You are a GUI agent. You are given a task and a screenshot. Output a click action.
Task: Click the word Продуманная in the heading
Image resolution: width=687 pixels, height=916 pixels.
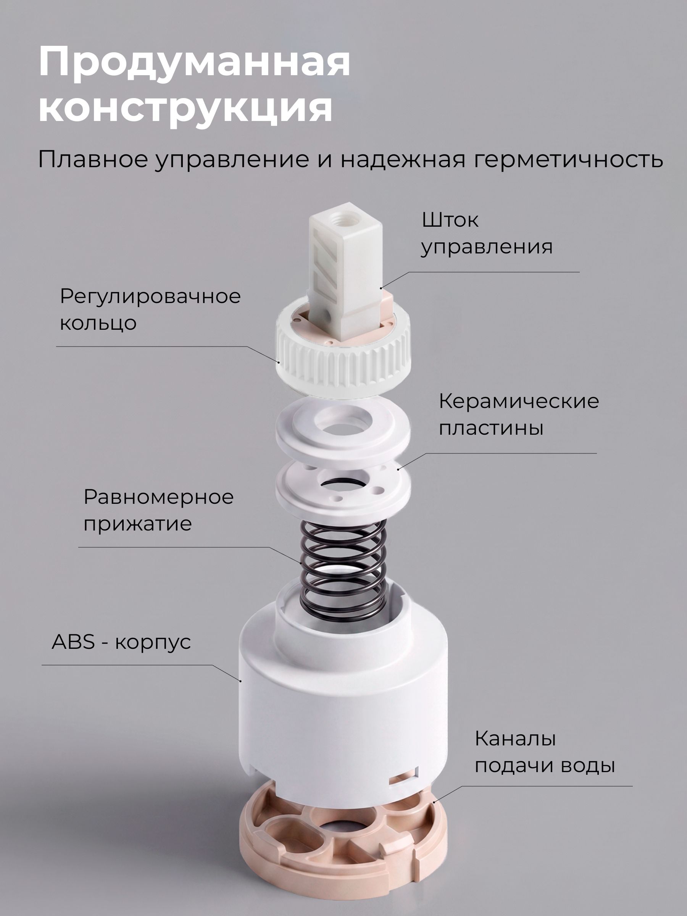coord(194,63)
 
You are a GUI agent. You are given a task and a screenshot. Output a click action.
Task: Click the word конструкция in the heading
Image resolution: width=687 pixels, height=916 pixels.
coord(185,107)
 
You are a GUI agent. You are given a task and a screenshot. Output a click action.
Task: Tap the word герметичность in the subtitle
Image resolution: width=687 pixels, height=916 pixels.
coord(569,160)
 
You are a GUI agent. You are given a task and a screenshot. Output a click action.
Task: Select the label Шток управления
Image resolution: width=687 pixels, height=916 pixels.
coord(487,234)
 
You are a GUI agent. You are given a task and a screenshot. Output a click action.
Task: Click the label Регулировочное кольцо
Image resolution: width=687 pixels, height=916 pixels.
coord(150,309)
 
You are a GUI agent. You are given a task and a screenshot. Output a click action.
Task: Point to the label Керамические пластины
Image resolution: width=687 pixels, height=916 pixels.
coord(519,414)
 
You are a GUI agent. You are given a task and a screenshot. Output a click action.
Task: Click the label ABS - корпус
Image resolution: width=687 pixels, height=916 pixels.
coord(121,642)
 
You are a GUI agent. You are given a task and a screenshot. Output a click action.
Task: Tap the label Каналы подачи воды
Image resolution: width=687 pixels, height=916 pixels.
coord(545,752)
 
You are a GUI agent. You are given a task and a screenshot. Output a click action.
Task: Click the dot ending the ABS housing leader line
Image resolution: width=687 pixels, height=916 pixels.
coord(240,681)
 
